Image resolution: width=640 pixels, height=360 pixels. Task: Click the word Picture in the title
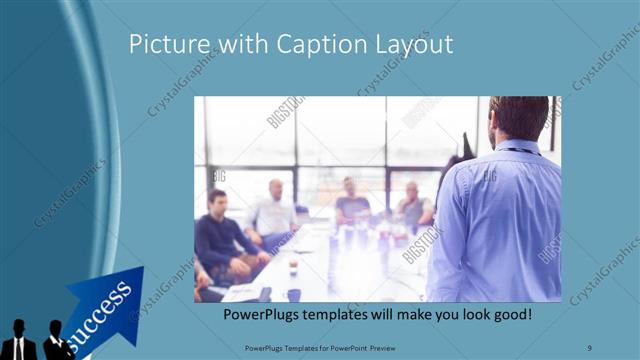(x=164, y=45)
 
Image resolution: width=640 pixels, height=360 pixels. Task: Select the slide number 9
(x=590, y=346)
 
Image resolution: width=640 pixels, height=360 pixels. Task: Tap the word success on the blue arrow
(x=100, y=309)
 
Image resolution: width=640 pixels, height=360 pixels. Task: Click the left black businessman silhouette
(x=20, y=342)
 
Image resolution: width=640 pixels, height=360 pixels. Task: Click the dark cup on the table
(x=294, y=295)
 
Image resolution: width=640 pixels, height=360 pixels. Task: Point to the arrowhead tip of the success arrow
(x=141, y=271)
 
